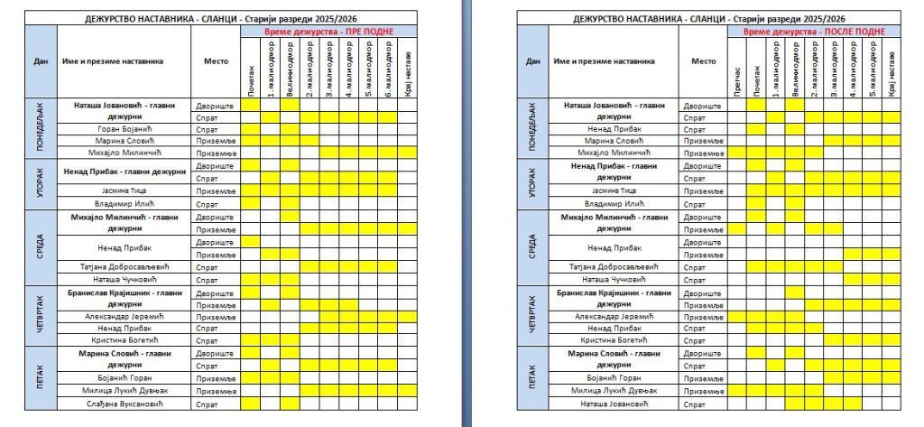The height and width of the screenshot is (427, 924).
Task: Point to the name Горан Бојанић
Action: pos(125,129)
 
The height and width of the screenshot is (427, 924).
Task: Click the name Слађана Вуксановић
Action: pos(125,404)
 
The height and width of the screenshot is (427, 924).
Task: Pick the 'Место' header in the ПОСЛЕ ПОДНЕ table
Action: pos(703,61)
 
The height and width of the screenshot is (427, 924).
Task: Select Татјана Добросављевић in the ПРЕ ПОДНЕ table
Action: pos(125,267)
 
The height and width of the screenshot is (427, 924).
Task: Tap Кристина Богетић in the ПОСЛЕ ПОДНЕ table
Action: pos(616,340)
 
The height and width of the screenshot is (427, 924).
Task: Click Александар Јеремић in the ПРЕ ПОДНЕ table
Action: pos(125,317)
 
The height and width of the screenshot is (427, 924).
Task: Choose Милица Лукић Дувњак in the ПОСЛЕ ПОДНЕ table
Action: pos(616,391)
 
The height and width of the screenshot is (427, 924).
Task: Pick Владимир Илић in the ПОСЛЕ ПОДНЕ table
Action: pos(616,204)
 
